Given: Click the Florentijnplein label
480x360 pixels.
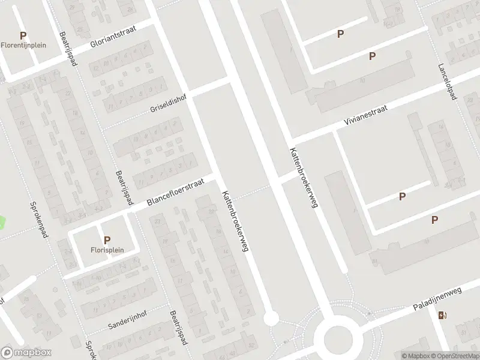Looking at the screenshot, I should pos(23,46).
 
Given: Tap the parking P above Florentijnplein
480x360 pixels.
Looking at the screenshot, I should pos(23,35).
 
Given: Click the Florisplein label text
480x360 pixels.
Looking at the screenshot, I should pos(107,250).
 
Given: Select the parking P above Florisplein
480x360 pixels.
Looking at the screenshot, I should pos(107,240).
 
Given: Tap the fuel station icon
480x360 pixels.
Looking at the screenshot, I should pos(442,316).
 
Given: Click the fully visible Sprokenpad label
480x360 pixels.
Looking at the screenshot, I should pos(38,220).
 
